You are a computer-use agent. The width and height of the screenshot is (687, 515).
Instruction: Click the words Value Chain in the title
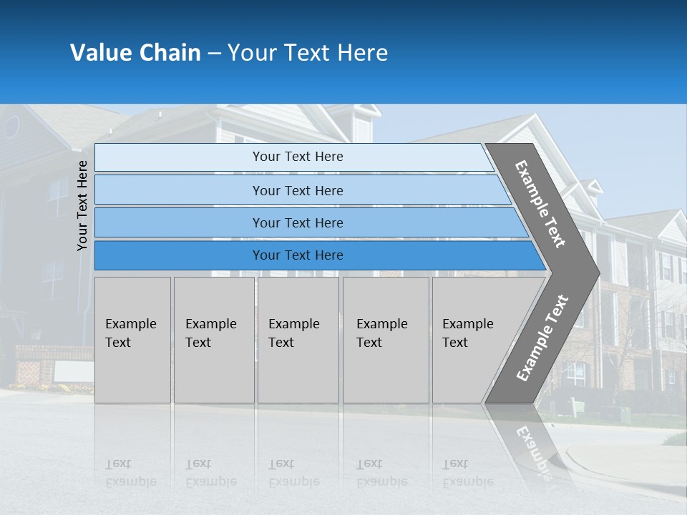135,53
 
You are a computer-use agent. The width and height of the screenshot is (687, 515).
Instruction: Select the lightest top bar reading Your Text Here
297,157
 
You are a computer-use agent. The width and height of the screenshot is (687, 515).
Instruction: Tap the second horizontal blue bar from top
297,190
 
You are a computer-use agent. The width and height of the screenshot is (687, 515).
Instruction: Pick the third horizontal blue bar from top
297,222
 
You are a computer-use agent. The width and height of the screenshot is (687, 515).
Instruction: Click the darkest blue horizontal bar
297,255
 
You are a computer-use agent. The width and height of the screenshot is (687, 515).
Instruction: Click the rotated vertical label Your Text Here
82,205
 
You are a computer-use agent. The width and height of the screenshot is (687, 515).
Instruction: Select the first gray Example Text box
132,340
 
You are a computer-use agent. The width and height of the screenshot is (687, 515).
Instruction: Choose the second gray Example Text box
213,340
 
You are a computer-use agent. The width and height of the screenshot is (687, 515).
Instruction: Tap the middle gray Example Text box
298,340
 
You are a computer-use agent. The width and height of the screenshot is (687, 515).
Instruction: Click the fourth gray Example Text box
386,340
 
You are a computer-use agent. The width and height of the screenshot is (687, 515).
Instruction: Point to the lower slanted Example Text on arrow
542,338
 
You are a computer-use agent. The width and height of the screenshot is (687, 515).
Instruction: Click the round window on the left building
12,127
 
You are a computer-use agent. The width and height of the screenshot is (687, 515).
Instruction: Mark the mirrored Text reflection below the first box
118,464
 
